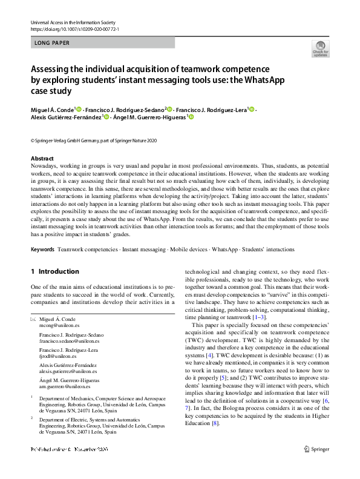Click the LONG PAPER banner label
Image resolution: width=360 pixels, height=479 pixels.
coord(53,43)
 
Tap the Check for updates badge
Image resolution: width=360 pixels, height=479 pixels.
coord(320,48)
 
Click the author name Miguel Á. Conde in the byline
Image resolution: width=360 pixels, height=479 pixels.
coord(52,109)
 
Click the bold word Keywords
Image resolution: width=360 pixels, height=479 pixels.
coord(42,249)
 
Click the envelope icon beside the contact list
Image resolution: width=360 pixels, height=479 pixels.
coord(33,319)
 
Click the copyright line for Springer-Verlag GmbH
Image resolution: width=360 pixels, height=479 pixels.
coord(94,140)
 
